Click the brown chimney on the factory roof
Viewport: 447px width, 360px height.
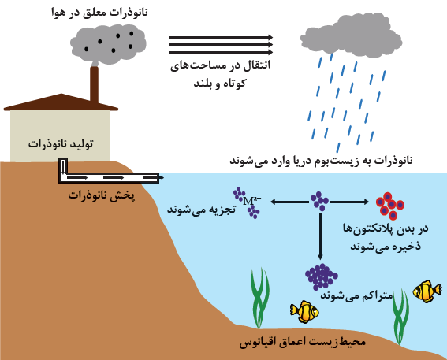point(94,84)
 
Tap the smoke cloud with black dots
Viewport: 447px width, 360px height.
point(108,44)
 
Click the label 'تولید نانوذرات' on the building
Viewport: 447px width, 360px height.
point(61,143)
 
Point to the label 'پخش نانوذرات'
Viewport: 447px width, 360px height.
point(101,195)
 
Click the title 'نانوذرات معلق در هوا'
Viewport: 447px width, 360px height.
point(99,13)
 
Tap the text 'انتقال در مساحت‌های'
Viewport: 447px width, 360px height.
point(221,65)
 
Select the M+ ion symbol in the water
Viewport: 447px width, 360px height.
point(251,201)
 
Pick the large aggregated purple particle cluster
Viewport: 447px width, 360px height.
point(322,276)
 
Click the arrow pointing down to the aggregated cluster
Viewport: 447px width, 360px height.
point(320,236)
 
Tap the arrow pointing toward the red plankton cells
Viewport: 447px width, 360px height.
point(349,202)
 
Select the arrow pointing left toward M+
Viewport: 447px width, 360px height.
point(289,202)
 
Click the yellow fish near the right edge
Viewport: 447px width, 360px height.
point(427,291)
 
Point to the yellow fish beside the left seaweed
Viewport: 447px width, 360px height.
point(304,312)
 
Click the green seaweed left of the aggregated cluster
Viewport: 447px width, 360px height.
point(259,299)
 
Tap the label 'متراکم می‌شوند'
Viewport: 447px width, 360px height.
point(356,295)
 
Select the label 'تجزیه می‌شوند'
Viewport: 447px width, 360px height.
point(201,210)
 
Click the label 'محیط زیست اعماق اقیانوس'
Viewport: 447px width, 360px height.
point(303,342)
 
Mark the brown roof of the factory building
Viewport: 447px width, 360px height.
point(61,102)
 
